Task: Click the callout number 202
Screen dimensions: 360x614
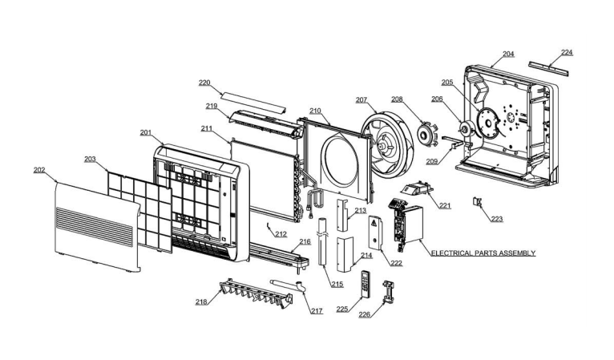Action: pos(39,170)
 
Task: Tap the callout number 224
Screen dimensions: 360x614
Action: pos(567,53)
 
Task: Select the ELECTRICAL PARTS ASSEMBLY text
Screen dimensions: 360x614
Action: pos(483,253)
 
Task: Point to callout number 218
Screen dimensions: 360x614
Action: pos(200,301)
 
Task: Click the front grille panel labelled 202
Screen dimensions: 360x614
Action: pos(95,224)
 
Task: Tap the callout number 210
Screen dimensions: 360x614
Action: pos(315,110)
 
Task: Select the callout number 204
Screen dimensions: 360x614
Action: pos(508,55)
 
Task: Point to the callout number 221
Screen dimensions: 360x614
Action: pos(445,206)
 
